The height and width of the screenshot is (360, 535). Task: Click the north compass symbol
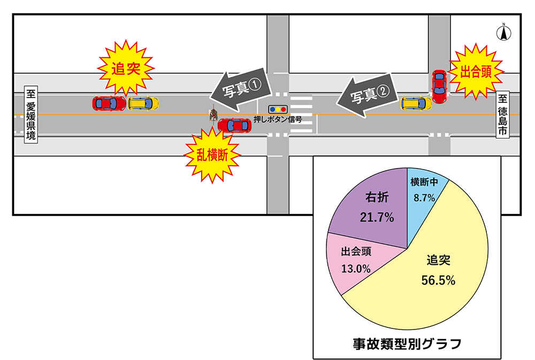(503, 33)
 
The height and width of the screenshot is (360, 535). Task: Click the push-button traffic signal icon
(278, 109)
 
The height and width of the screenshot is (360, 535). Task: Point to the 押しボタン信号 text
(278, 120)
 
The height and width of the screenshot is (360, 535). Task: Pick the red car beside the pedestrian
(234, 126)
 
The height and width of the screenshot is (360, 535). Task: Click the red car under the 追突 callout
(109, 103)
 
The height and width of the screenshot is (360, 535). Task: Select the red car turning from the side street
(439, 87)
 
